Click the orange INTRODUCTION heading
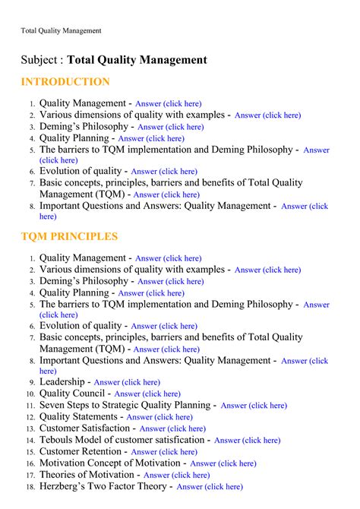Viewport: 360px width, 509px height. pyautogui.click(x=65, y=82)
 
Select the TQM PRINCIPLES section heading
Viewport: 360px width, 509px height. pyautogui.click(x=69, y=236)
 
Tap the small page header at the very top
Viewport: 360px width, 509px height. pyautogui.click(x=61, y=30)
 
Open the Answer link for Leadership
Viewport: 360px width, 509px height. pyautogui.click(x=127, y=383)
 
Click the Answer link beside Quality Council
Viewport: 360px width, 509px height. pyautogui.click(x=147, y=394)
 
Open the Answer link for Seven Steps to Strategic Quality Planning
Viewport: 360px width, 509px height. pyautogui.click(x=254, y=406)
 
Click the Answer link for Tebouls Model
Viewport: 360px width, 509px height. pyautogui.click(x=248, y=440)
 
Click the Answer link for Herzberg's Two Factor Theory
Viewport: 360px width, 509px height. pyautogui.click(x=210, y=487)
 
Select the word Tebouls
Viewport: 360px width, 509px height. pyautogui.click(x=58, y=440)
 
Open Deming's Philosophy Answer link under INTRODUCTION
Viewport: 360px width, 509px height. pyautogui.click(x=171, y=128)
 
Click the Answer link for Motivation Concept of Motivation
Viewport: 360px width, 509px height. pyautogui.click(x=223, y=463)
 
